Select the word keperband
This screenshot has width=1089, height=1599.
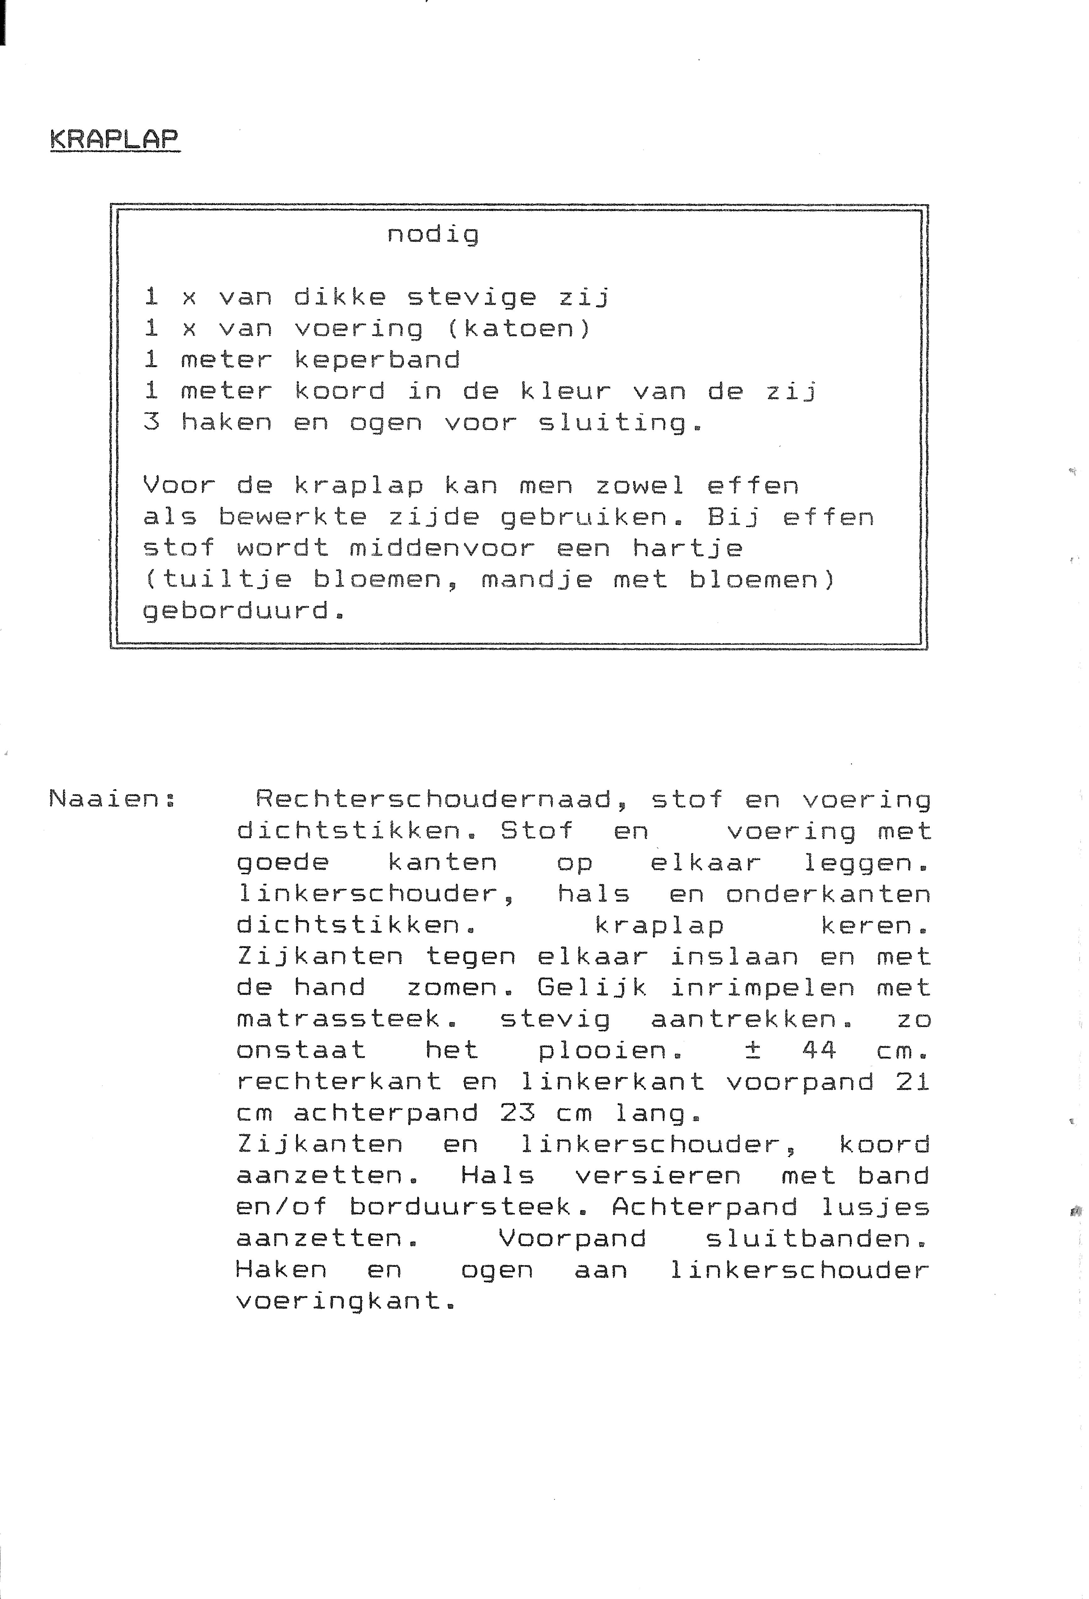[377, 360]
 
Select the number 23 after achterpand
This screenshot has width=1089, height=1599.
[517, 1113]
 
